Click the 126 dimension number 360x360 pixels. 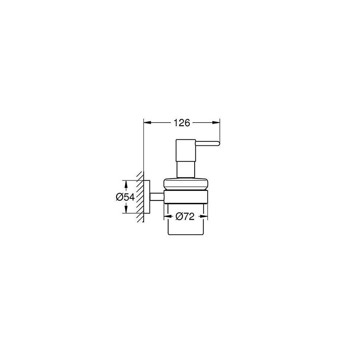click(x=181, y=123)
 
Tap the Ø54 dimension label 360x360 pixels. click(x=125, y=197)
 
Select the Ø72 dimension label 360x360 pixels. click(x=185, y=216)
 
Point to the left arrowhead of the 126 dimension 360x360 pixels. click(x=147, y=123)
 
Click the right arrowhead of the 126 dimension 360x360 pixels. click(x=216, y=123)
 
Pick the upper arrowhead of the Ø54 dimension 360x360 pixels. click(x=125, y=184)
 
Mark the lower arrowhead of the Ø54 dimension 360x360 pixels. click(x=125, y=209)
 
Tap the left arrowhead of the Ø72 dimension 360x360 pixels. click(x=167, y=216)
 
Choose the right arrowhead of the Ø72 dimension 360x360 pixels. click(x=204, y=216)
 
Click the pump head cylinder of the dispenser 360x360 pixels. click(x=185, y=150)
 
